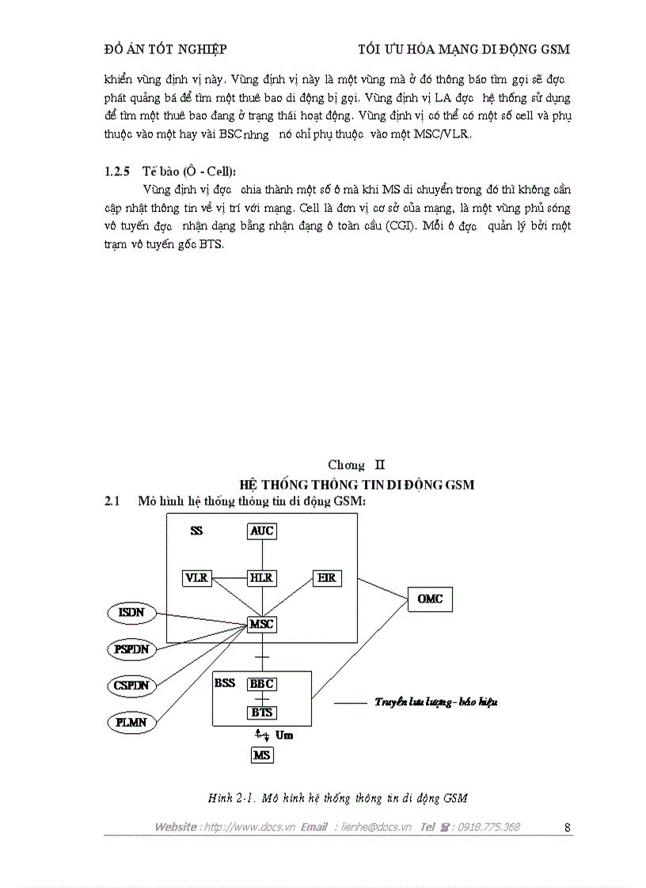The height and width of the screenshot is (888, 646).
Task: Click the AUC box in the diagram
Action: click(x=262, y=531)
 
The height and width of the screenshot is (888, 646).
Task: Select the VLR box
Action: click(x=196, y=578)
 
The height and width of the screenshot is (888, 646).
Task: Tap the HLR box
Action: click(x=262, y=578)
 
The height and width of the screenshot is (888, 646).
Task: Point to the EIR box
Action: click(x=327, y=578)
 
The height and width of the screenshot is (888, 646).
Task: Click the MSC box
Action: click(x=262, y=625)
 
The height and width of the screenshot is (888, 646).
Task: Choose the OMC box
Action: click(x=431, y=599)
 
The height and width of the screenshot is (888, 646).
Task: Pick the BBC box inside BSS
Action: click(x=262, y=684)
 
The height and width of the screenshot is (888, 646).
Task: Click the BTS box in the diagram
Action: click(x=262, y=712)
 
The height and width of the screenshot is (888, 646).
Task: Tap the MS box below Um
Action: click(x=262, y=755)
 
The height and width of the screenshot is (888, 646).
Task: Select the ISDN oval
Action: click(x=131, y=614)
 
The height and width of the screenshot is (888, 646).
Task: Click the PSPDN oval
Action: click(x=131, y=649)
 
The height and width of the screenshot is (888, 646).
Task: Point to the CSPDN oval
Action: click(x=131, y=686)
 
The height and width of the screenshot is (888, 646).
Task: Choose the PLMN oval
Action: click(x=131, y=722)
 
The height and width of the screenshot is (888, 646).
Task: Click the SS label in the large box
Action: click(x=196, y=531)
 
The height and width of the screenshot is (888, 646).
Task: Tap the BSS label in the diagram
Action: click(x=225, y=683)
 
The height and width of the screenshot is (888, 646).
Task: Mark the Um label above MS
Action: click(x=284, y=735)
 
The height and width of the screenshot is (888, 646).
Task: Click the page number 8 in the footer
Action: click(x=568, y=827)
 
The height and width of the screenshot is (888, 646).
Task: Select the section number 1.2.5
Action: click(x=119, y=171)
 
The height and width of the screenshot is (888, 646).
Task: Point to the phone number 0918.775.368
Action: click(x=488, y=827)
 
